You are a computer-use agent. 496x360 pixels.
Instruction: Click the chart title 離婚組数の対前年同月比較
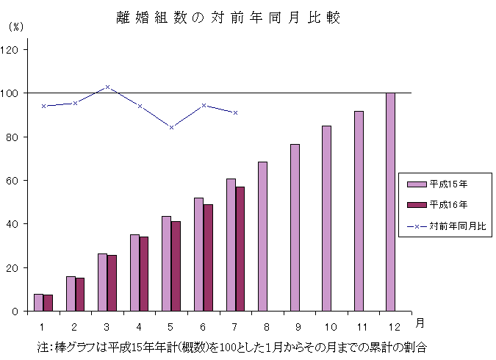229,18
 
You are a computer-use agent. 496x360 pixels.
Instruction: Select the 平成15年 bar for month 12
390,202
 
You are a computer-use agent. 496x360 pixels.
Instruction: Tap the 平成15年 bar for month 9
295,228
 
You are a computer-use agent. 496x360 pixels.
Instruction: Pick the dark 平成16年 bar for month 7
240,249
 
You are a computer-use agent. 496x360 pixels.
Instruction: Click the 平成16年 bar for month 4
144,274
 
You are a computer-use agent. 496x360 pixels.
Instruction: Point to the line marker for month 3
107,87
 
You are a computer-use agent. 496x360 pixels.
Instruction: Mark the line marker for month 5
171,127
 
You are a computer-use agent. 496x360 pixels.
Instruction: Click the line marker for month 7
235,113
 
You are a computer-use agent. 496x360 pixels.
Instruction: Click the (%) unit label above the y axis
16,26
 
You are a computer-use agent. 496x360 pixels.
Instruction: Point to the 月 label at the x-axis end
418,323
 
